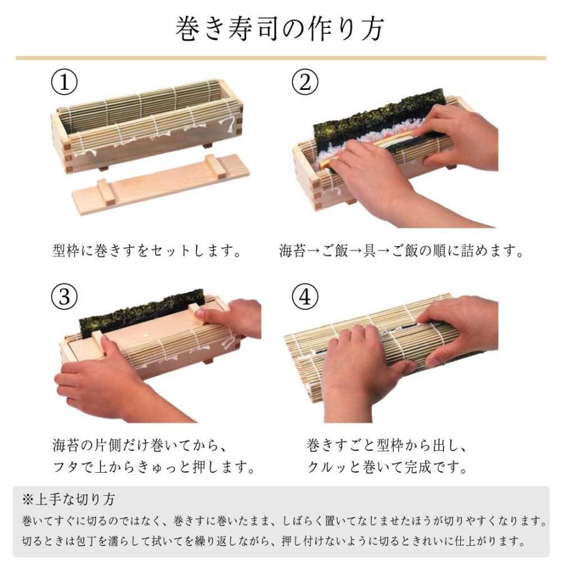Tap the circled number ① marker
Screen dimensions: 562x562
click(x=64, y=82)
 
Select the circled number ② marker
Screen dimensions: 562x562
click(x=305, y=82)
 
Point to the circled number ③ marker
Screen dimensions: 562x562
click(x=64, y=297)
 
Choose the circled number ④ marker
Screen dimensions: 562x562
click(x=305, y=297)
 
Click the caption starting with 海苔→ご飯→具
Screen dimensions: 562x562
click(x=401, y=251)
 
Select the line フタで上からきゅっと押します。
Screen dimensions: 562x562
click(x=154, y=467)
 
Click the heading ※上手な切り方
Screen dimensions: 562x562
click(x=69, y=500)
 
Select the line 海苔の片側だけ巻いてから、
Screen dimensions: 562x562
click(x=139, y=446)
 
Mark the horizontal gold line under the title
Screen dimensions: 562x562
click(x=280, y=58)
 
